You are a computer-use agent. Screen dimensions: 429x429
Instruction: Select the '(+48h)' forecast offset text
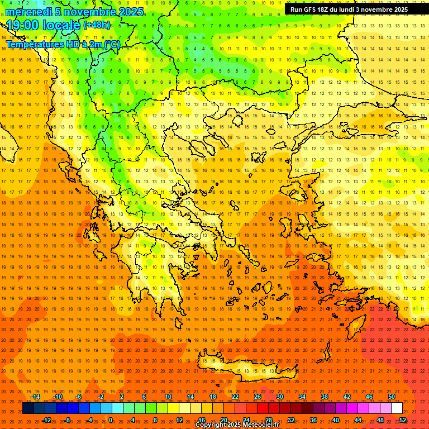(97, 25)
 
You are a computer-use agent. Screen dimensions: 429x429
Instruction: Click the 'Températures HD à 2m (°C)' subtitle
(63, 44)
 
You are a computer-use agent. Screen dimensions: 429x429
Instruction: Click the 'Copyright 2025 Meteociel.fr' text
(237, 425)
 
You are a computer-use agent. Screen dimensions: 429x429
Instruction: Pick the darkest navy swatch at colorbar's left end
(28, 408)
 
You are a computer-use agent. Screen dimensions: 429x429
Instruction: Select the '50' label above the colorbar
(392, 397)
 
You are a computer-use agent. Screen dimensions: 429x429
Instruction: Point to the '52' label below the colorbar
(403, 420)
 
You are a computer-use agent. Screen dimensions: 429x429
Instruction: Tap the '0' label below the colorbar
(110, 420)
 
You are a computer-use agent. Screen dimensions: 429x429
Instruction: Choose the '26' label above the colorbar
(258, 397)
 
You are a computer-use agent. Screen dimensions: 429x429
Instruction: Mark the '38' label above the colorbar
(325, 397)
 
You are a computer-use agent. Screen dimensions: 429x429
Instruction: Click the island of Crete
(246, 369)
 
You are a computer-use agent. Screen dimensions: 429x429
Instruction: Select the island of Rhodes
(355, 325)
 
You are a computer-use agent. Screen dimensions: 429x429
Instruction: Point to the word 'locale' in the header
(62, 25)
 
